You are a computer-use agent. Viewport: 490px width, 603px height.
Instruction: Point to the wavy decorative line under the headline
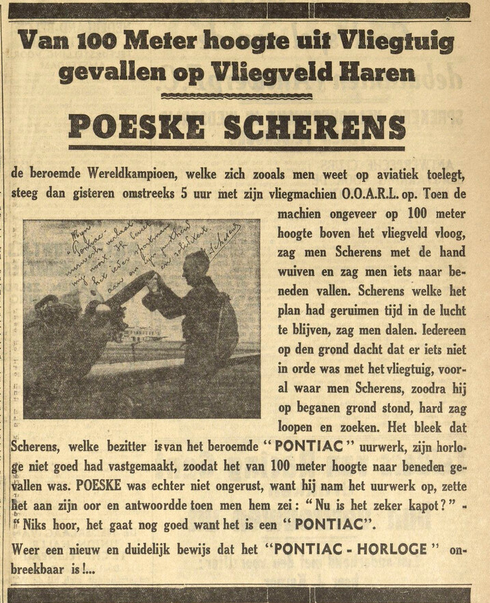click(x=236, y=96)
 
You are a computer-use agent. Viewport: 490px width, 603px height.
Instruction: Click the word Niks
click(x=37, y=528)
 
